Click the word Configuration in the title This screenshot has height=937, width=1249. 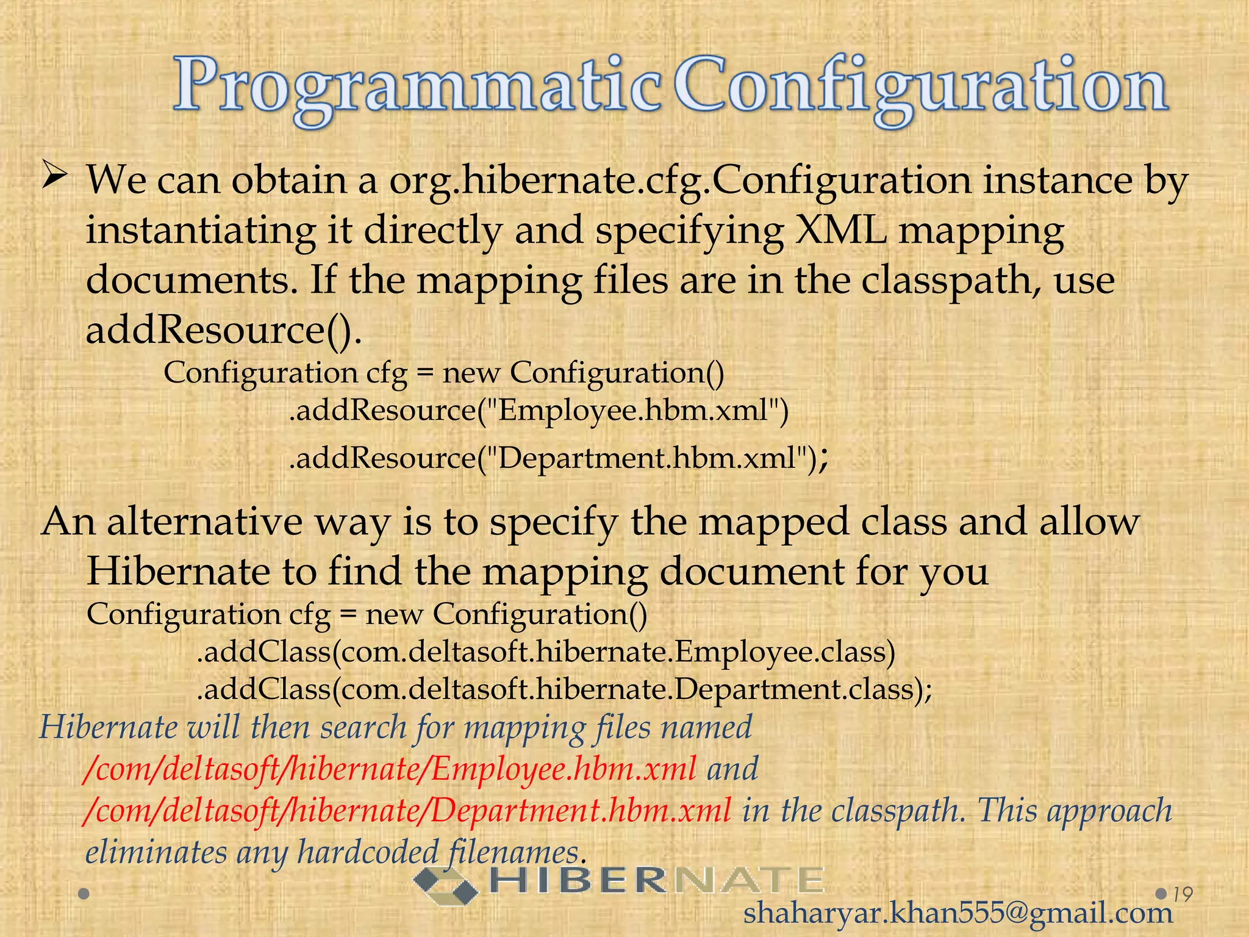click(921, 88)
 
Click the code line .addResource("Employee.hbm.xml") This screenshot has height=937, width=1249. click(539, 411)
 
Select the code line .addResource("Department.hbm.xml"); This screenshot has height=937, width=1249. click(558, 458)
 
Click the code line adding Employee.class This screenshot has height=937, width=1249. click(546, 652)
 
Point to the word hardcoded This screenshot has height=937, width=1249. click(367, 852)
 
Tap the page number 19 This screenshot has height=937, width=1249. click(1183, 894)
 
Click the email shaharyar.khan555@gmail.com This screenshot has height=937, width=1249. click(958, 913)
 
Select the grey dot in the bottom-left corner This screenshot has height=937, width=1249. click(84, 894)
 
